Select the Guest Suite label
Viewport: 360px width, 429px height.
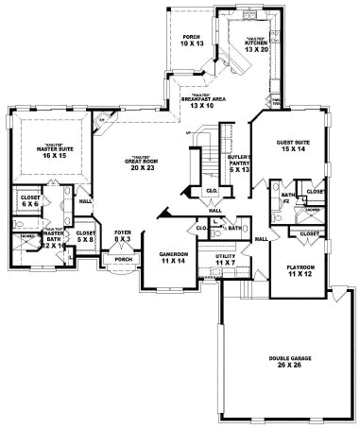tap(294, 145)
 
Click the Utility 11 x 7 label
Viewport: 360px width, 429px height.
tap(226, 258)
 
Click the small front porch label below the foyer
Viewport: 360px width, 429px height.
tap(123, 274)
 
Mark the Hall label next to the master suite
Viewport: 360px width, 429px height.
tap(86, 201)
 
